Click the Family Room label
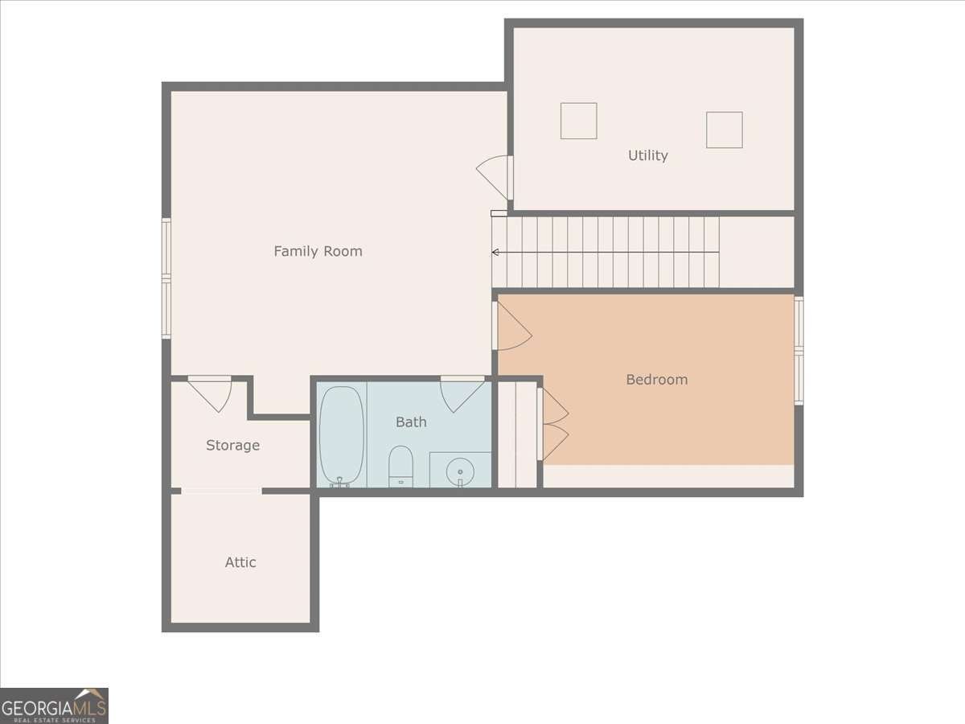[318, 251]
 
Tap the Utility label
[647, 155]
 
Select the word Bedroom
[657, 380]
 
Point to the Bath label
[411, 422]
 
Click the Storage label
[232, 446]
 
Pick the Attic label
[240, 562]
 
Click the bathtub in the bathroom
[342, 436]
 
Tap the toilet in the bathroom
[400, 466]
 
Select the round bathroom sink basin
[460, 472]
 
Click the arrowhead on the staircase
[495, 253]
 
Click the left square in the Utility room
[578, 121]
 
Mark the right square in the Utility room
[724, 130]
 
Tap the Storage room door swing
[210, 394]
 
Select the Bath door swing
[462, 394]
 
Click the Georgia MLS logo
[54, 705]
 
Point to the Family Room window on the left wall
[166, 278]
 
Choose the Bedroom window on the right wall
[799, 351]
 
